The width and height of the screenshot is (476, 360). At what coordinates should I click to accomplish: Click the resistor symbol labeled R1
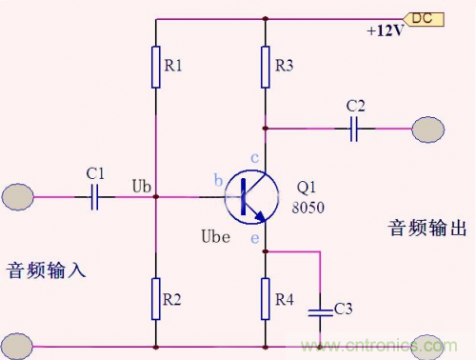pyautogui.click(x=155, y=68)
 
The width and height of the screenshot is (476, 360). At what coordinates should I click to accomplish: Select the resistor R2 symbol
pyautogui.click(x=155, y=298)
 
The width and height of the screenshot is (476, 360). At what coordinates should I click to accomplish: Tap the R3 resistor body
pyautogui.click(x=266, y=68)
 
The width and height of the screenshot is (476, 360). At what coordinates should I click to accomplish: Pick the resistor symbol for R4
pyautogui.click(x=266, y=298)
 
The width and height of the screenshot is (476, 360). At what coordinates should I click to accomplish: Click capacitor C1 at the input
pyautogui.click(x=95, y=197)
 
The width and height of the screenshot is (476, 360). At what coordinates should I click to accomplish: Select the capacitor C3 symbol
pyautogui.click(x=322, y=310)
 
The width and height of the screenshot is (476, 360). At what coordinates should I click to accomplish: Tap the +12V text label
pyautogui.click(x=385, y=31)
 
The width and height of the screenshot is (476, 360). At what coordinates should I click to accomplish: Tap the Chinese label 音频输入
pyautogui.click(x=47, y=270)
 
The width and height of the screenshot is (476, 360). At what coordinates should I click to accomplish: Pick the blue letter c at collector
pyautogui.click(x=254, y=157)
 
